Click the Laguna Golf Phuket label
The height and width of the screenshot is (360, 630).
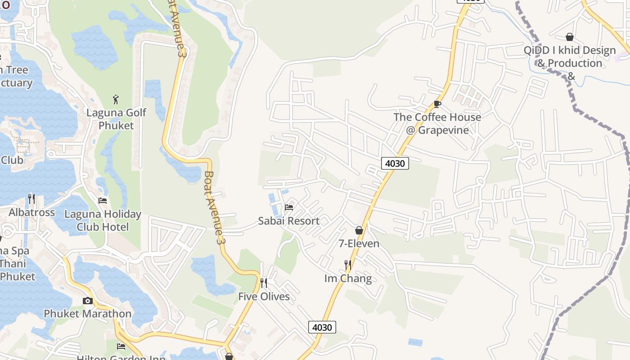point(116,119)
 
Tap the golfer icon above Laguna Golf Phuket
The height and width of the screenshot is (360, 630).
point(116,99)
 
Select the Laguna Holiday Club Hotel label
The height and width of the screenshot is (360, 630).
point(103,220)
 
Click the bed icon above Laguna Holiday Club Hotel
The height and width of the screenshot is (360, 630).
point(103,201)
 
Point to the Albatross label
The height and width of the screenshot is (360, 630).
point(31,212)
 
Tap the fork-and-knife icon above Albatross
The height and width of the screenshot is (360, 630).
point(31,198)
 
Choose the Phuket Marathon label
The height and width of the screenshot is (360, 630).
point(87,314)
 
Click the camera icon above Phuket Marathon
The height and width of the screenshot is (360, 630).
point(88,301)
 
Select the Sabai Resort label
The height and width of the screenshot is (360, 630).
point(288,221)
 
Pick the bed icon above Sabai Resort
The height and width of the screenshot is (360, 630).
point(289,207)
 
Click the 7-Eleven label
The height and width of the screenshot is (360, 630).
point(359,243)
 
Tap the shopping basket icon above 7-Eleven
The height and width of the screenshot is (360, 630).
point(359,230)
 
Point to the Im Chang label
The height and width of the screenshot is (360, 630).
point(348,279)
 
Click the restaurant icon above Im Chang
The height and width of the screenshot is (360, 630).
point(348,265)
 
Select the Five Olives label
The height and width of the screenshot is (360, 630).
point(264,297)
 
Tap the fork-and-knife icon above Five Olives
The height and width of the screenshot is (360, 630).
point(264,283)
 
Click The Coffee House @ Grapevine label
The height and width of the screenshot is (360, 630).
point(437,123)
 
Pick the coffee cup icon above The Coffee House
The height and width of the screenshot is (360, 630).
point(437,104)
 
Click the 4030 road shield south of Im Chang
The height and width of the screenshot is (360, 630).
point(322,327)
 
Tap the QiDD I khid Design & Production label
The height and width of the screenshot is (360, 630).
point(570,57)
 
